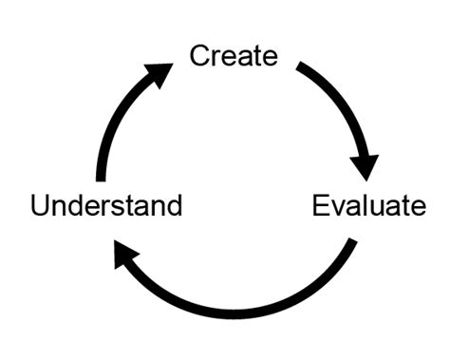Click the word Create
click(x=234, y=55)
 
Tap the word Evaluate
click(x=369, y=205)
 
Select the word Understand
click(x=106, y=205)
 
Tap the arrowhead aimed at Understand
click(x=125, y=255)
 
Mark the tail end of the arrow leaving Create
click(x=301, y=66)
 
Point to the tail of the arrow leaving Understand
click(x=102, y=178)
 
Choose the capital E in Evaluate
click(x=321, y=205)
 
